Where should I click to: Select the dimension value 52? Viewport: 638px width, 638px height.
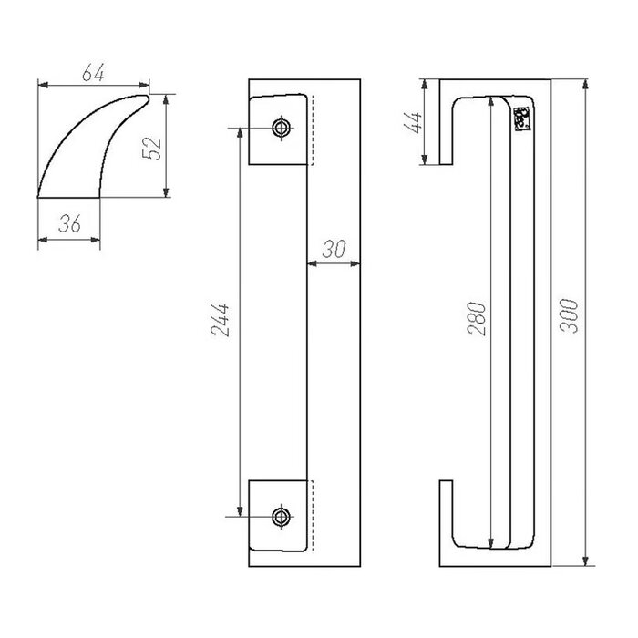click(154, 146)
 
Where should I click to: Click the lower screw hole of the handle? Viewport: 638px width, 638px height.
click(282, 517)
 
